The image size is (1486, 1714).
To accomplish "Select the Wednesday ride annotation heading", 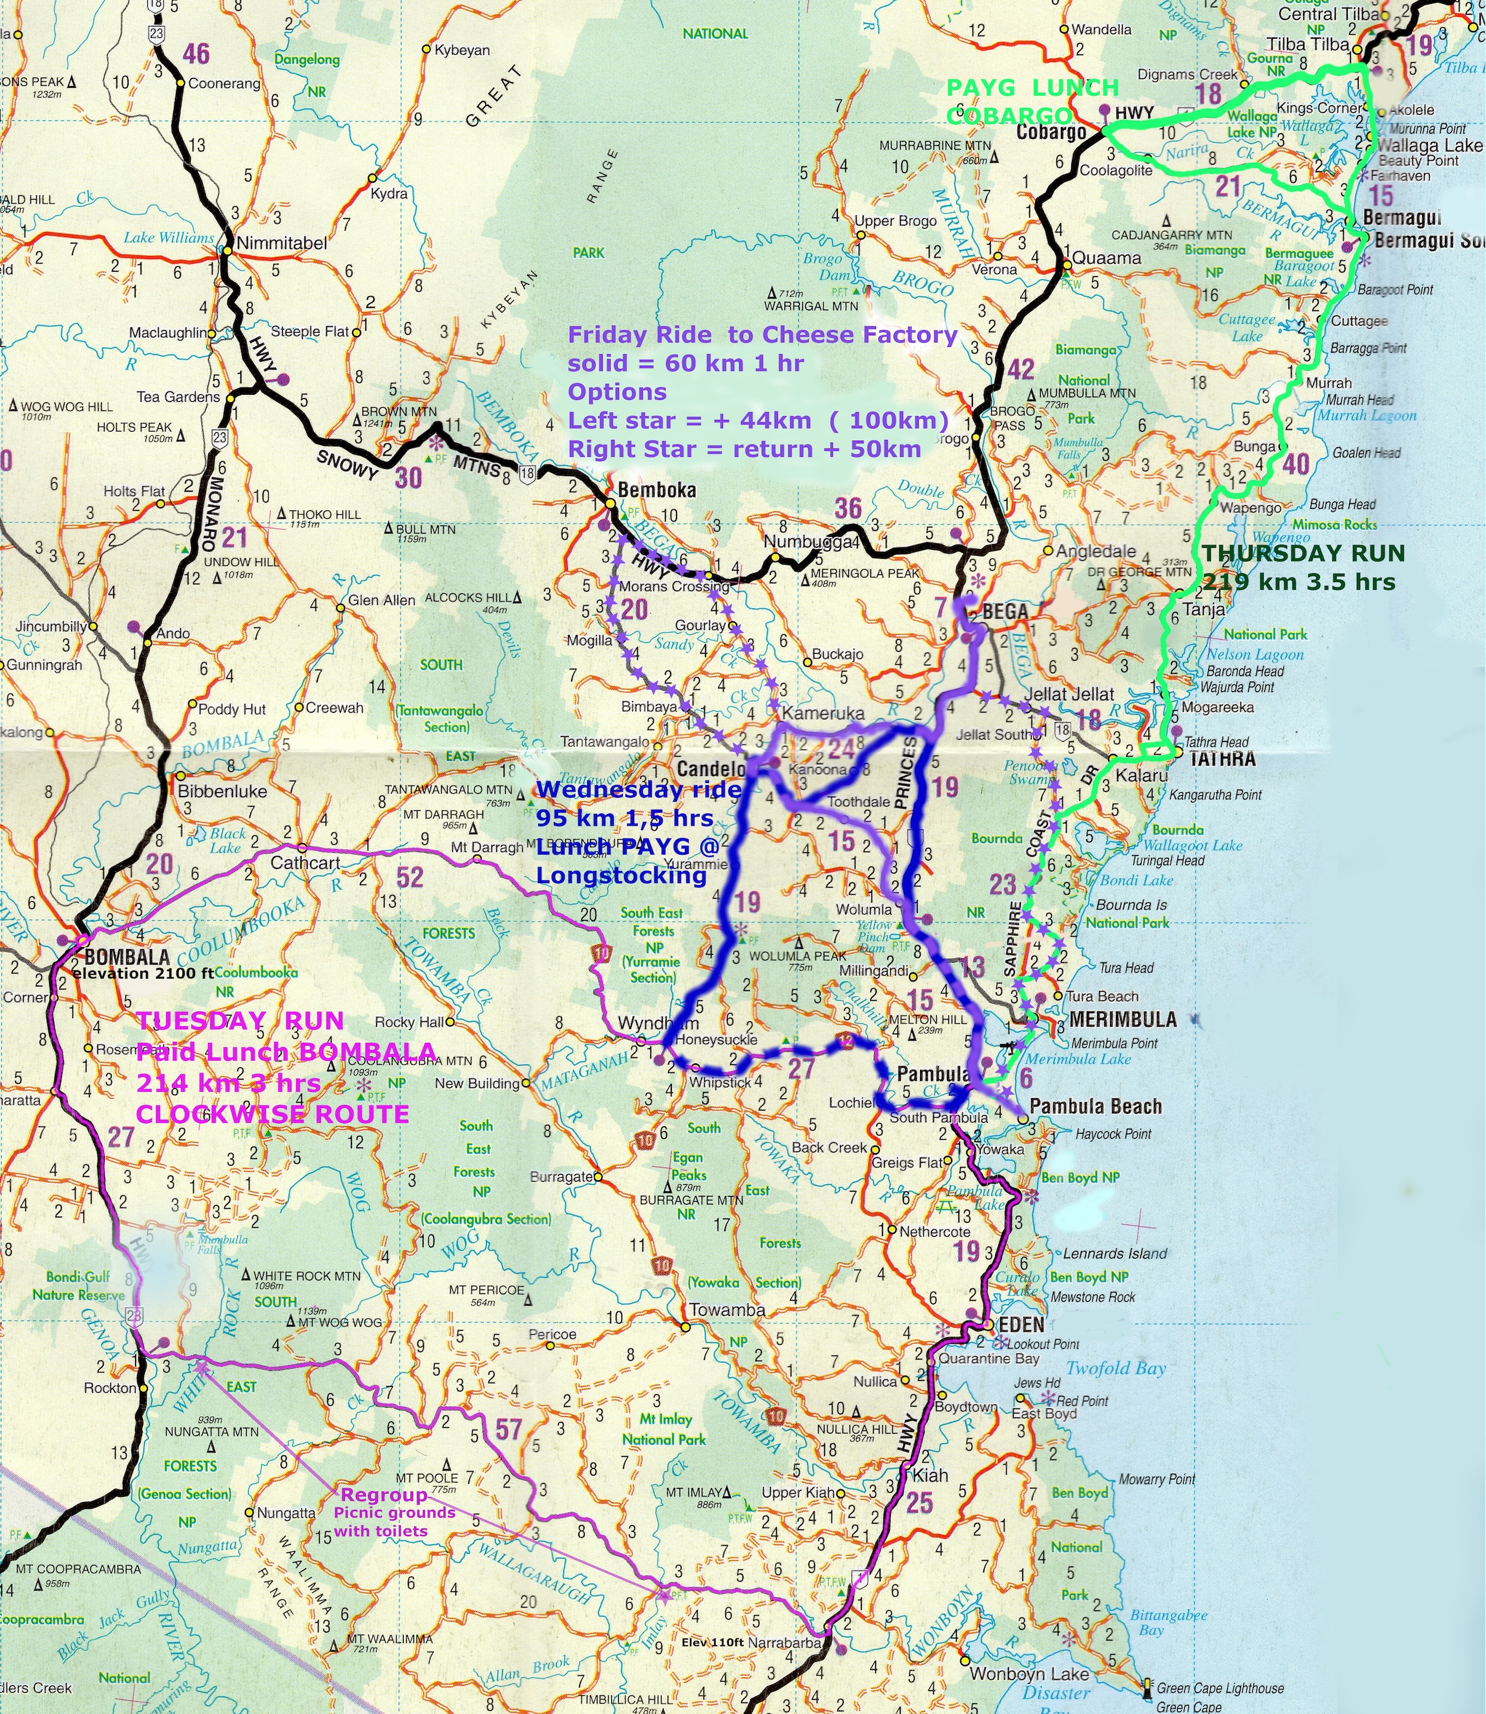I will (x=638, y=789).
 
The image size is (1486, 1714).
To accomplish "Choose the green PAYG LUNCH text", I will (x=1032, y=87).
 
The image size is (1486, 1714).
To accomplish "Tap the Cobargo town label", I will (x=1051, y=132).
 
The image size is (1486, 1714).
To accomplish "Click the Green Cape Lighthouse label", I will (x=1220, y=1688).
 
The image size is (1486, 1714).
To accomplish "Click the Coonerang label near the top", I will (x=224, y=84).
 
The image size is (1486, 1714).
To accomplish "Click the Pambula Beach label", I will (x=1094, y=1106).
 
